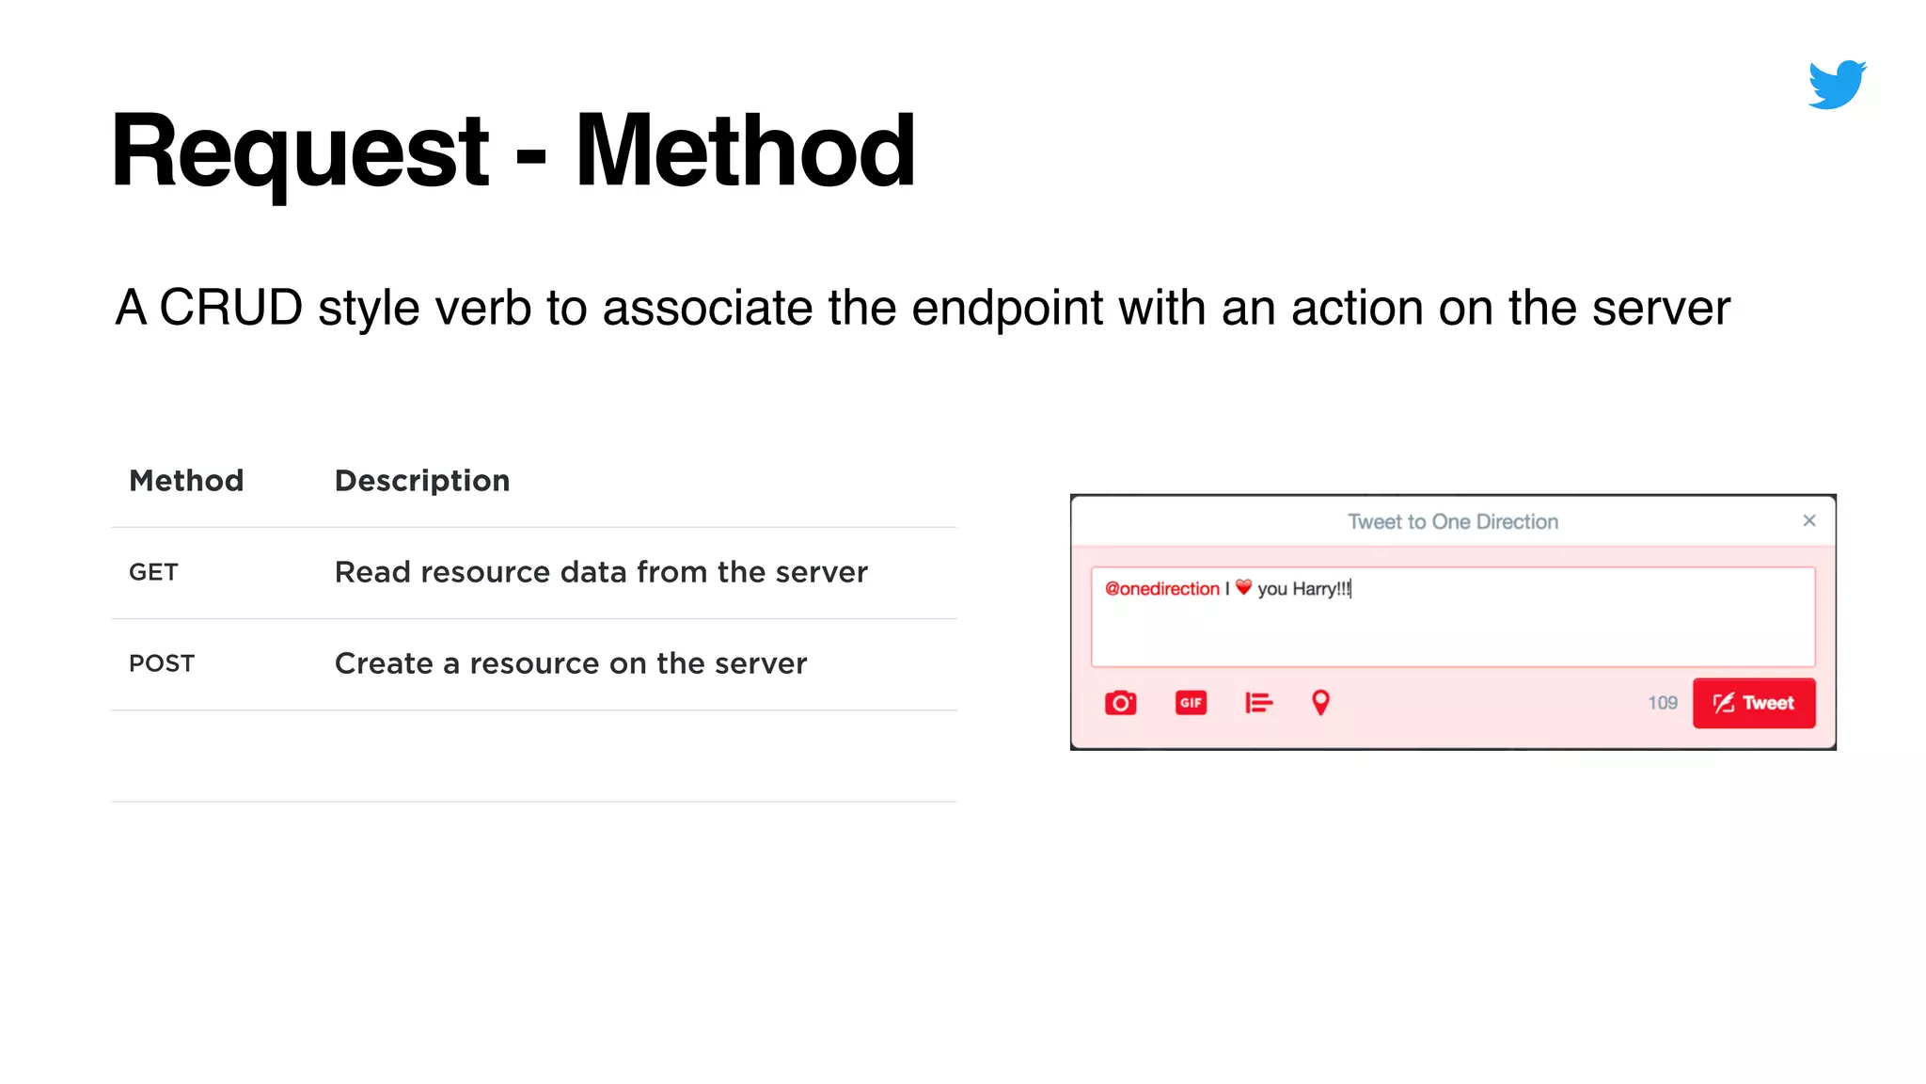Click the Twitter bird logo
1837,85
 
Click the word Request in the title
300,151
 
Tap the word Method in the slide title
745,151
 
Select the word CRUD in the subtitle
231,308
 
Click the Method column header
186,481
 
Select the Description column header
422,481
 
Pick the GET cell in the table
153,572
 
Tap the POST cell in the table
162,663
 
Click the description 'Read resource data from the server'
601,572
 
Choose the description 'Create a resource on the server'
571,663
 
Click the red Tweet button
1754,703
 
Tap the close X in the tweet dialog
1809,520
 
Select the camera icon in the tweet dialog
1120,703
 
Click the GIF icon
1191,703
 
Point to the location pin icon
1320,703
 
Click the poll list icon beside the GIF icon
1258,703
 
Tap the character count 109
1662,703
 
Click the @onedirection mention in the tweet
1161,589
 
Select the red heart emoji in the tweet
1243,587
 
